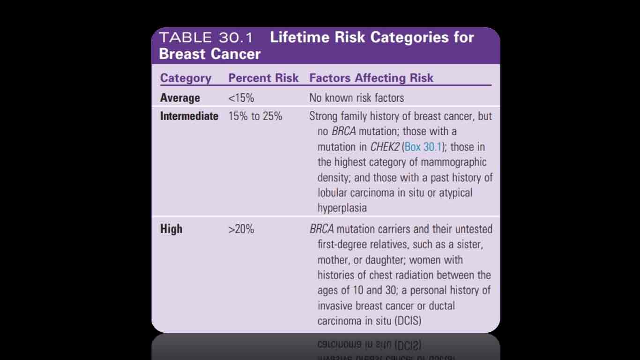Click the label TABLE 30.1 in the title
tap(206, 38)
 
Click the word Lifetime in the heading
tap(300, 37)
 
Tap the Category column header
tap(186, 78)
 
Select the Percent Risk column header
tap(263, 78)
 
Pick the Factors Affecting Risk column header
tap(371, 78)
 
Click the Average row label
tap(180, 98)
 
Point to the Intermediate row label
tap(189, 116)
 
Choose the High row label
tap(171, 229)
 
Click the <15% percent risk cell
tap(241, 98)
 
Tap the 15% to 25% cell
tap(255, 116)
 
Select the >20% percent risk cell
tap(241, 229)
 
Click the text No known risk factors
tap(357, 98)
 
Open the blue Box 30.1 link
tap(423, 147)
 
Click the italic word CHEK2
tap(385, 147)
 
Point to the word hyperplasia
tap(342, 208)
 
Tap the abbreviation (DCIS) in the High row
tap(408, 321)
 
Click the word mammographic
tap(454, 162)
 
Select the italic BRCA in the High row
tap(321, 229)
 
